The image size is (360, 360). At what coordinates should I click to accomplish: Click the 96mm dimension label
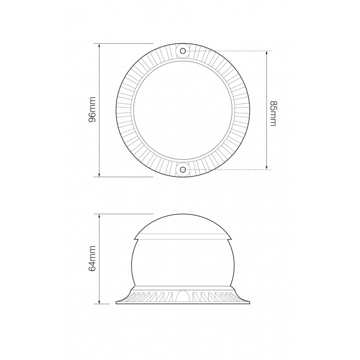(92, 110)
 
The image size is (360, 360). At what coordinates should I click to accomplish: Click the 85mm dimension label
(273, 113)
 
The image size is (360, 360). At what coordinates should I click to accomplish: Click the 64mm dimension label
(92, 258)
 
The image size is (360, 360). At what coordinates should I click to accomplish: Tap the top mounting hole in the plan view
(183, 51)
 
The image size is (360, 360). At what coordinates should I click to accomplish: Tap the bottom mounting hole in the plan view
(183, 170)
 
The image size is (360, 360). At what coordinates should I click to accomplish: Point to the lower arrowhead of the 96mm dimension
(99, 175)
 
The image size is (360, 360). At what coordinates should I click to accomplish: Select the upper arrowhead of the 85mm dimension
(266, 53)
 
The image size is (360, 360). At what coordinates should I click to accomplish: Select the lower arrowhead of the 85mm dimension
(266, 167)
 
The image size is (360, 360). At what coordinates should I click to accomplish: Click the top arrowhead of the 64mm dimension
(99, 216)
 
